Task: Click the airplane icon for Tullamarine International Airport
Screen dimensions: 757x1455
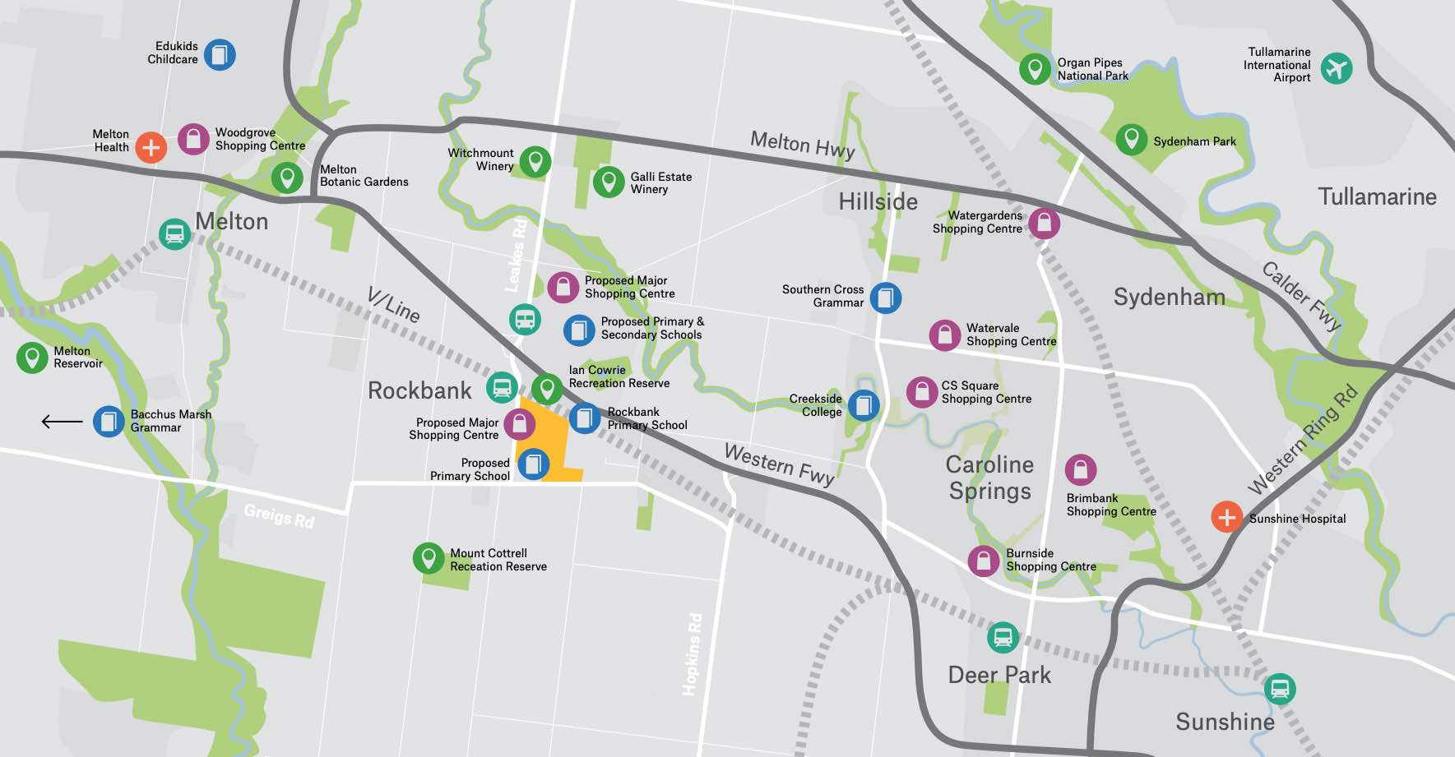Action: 1337,68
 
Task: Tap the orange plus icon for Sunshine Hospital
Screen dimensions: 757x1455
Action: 1226,517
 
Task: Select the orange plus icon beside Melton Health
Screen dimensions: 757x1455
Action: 151,147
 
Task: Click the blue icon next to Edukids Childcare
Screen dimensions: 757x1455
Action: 220,55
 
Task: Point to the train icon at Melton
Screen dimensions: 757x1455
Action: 174,234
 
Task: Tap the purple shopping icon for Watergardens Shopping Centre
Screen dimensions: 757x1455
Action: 1044,223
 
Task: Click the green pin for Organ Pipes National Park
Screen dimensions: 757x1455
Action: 1035,69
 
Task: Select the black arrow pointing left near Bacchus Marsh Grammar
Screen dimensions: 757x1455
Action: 62,422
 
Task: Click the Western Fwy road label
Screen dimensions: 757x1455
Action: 779,464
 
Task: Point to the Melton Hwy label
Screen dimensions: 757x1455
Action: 802,145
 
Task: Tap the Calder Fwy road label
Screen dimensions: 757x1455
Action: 1301,296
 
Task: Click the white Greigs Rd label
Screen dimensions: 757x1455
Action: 279,516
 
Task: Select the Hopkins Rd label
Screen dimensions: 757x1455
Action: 693,654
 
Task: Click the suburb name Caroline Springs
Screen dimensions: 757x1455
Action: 989,478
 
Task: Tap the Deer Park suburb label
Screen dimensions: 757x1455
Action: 999,675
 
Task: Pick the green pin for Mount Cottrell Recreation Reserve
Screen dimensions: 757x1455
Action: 428,558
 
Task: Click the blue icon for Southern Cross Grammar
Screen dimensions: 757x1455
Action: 885,298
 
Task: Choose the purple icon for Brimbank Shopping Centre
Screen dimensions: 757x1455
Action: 1080,470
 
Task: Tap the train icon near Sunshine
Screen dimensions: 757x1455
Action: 1279,689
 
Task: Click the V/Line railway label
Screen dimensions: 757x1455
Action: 393,305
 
